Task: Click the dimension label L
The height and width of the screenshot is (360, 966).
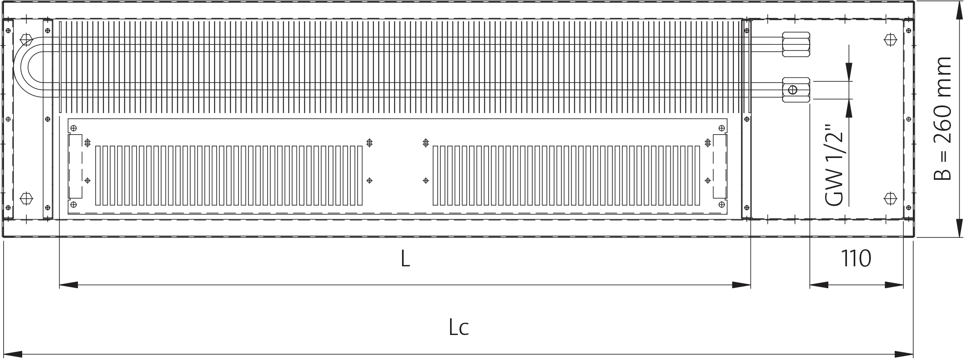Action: tap(405, 259)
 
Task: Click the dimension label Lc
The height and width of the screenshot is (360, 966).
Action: tap(459, 328)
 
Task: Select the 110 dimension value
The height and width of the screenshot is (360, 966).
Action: tap(856, 259)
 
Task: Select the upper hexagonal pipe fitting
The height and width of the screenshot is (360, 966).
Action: tap(795, 44)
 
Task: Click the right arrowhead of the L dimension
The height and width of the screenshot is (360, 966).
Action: tap(741, 285)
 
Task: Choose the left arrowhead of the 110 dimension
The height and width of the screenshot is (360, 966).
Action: tap(819, 285)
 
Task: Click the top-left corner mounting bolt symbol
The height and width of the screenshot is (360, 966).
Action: tap(27, 40)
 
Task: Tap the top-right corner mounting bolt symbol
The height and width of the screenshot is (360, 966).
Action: tap(891, 40)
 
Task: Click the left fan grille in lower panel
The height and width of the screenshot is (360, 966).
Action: tap(229, 175)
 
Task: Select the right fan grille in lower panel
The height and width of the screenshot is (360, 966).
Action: tap(566, 175)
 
